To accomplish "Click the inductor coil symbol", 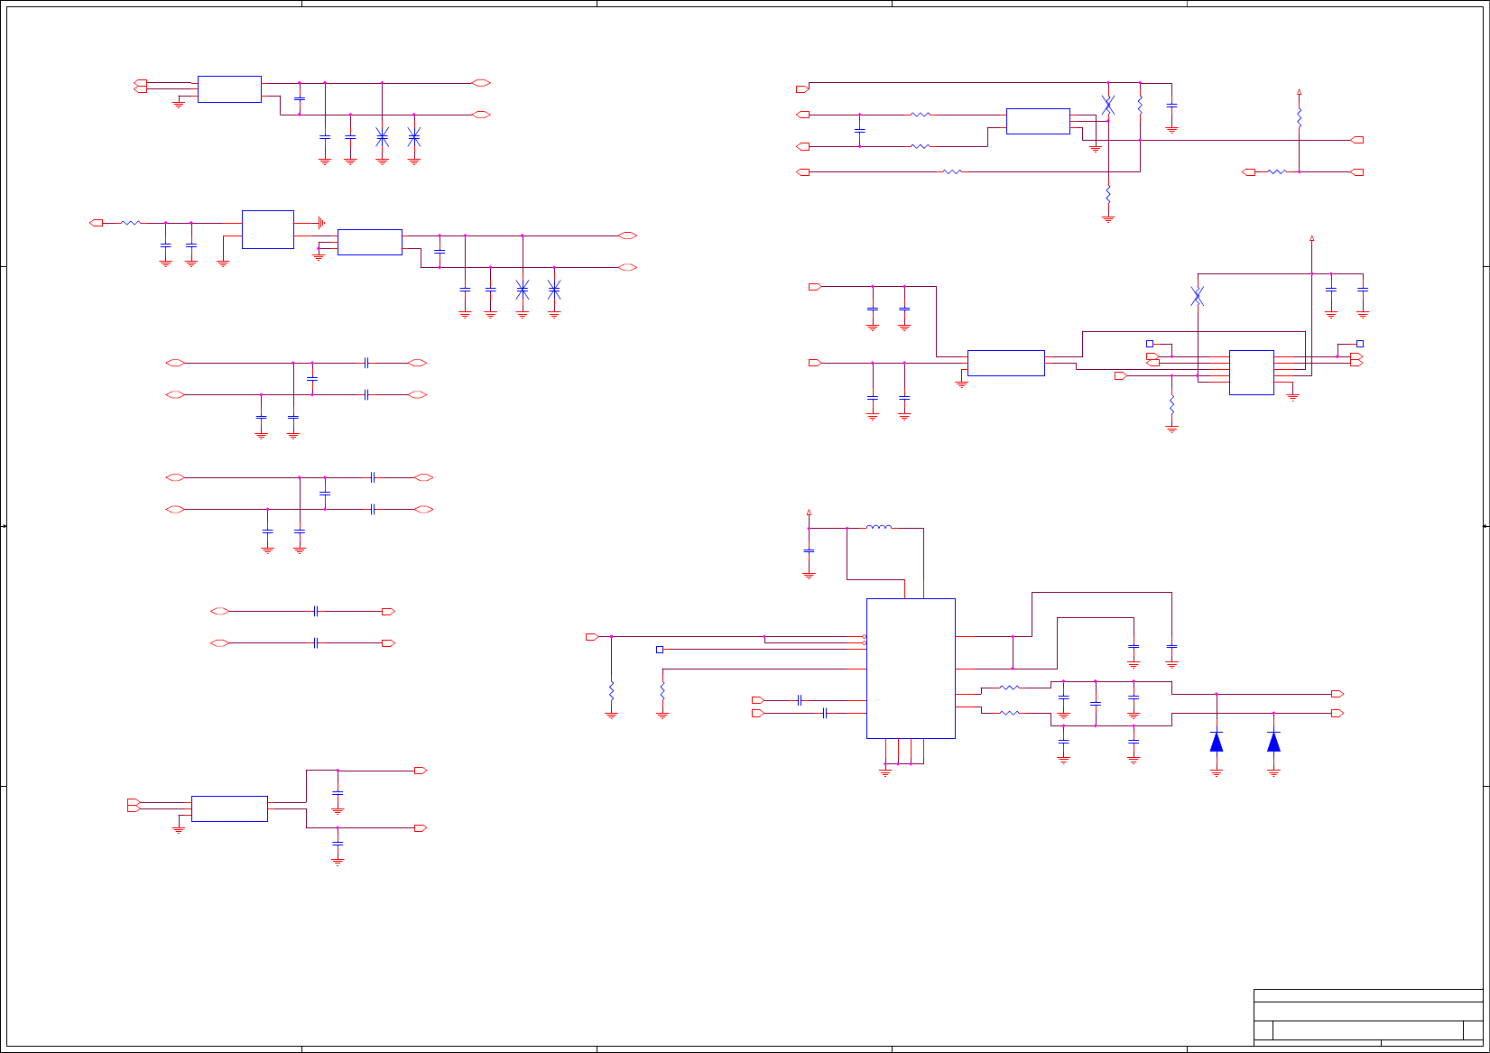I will [878, 527].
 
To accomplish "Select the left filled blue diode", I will [1217, 742].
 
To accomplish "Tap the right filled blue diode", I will [1273, 742].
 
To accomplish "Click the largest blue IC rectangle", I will [911, 668].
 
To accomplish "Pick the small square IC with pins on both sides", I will [1251, 373].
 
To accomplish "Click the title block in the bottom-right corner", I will [1367, 1018].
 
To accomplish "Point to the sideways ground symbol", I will [321, 223].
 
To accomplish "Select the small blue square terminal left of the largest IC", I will [660, 650].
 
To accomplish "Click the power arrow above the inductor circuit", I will [809, 512].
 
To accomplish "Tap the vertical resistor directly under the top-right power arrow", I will [1299, 117].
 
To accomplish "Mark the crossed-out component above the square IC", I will [1197, 296].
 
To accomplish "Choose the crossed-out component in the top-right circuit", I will [1108, 105].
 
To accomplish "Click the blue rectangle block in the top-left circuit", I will [229, 89].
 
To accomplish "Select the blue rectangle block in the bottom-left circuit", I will [229, 808].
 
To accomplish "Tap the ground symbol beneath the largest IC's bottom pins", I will [885, 772].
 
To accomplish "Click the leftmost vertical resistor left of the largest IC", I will [611, 690].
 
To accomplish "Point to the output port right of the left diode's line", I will [1337, 694].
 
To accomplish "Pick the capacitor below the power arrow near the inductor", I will [809, 550].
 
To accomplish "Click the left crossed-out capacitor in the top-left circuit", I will [382, 137].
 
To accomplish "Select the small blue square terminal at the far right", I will [1360, 344].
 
